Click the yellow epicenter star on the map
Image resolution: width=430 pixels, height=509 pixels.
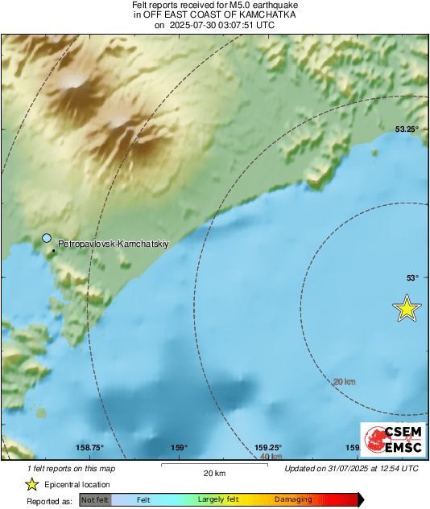[407, 309]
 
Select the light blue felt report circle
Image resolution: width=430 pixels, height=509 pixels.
[47, 238]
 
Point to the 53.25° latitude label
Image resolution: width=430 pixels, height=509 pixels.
[407, 129]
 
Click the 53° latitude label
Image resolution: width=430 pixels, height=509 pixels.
[412, 277]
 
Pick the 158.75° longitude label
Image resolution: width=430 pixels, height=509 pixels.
[89, 448]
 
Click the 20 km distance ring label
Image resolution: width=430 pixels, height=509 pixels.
[344, 381]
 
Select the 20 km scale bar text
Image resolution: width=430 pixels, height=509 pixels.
[213, 473]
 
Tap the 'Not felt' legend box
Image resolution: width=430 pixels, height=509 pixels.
[96, 499]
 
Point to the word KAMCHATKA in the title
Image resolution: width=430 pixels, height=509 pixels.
[268, 14]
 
